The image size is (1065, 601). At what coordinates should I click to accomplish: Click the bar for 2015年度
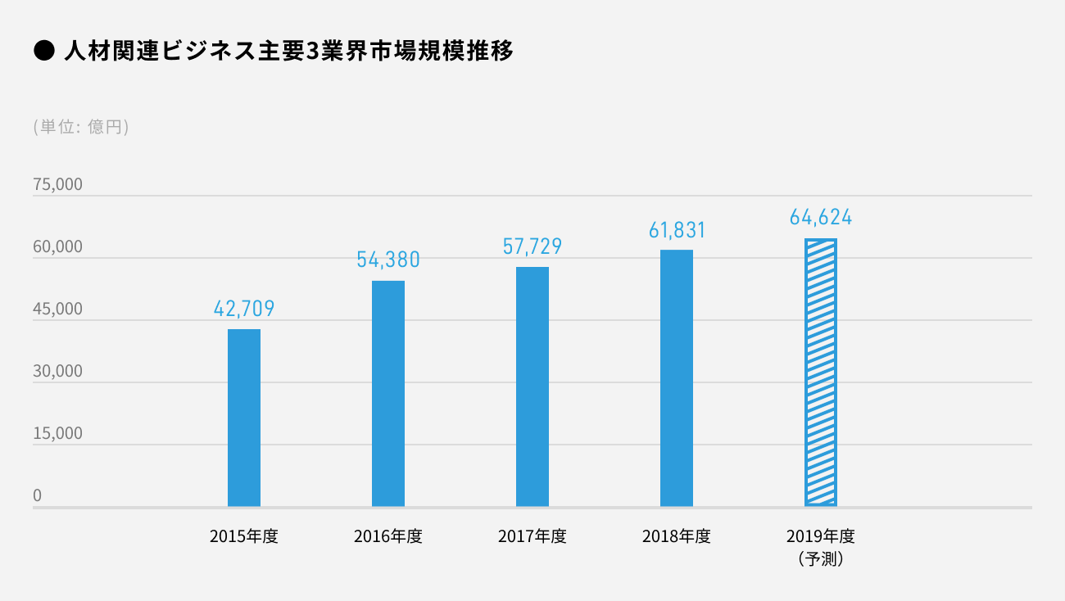pos(244,418)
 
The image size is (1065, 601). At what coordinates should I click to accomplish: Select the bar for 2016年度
pos(388,393)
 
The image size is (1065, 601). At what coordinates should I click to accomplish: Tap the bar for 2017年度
pos(532,386)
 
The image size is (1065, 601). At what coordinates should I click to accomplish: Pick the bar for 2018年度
pos(677,377)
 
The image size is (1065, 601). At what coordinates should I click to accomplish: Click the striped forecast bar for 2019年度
pos(821,373)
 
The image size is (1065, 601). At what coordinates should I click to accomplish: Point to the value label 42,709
pos(244,309)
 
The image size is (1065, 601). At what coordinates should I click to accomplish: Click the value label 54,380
pos(388,260)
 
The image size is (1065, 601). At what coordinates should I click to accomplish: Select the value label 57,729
pos(532,246)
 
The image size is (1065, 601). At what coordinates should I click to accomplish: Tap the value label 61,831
pos(677,230)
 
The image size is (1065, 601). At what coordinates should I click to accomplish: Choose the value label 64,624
pos(821,218)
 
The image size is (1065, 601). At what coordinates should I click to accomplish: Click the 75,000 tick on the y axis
pos(57,185)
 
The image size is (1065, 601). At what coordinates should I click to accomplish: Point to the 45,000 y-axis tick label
pos(57,310)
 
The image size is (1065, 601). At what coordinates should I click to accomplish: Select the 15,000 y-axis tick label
pos(57,434)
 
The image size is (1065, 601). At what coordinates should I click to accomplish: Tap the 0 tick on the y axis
pos(38,495)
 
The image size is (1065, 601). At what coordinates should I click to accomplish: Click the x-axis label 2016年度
pos(388,537)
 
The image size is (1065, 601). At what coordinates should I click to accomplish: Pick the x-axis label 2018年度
pos(677,537)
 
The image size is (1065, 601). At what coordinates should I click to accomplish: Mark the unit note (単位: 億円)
pos(81,127)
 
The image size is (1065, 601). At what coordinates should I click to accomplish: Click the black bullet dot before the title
pos(43,52)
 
